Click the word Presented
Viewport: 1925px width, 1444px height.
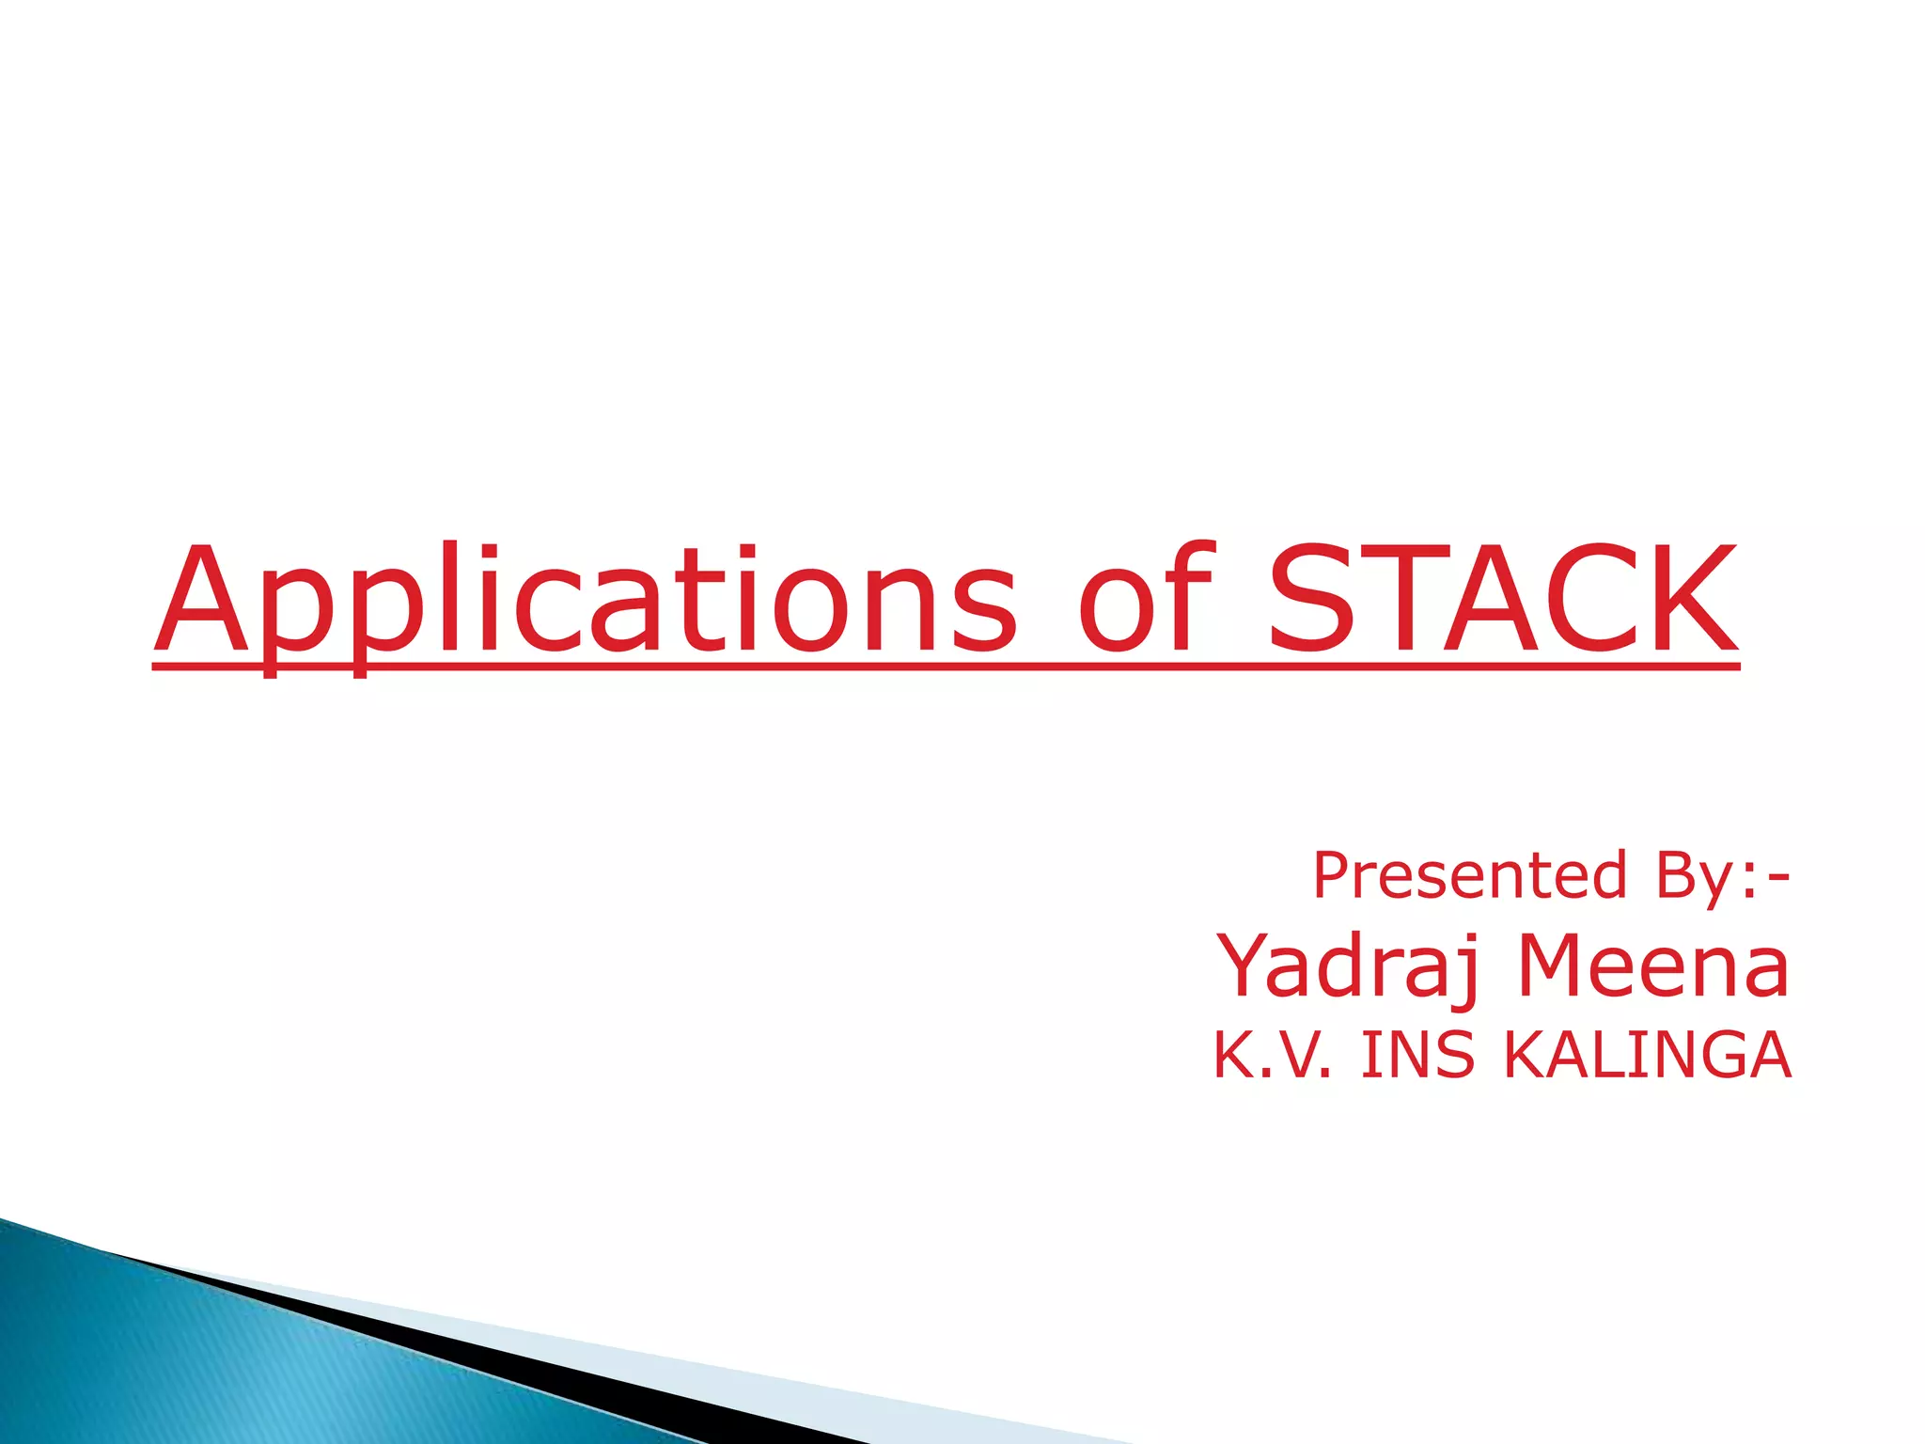pyautogui.click(x=1469, y=875)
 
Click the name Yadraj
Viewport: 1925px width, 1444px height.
pyautogui.click(x=1350, y=967)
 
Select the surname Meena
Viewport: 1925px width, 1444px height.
pyautogui.click(x=1653, y=966)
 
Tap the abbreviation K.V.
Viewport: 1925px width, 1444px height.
pyautogui.click(x=1272, y=1055)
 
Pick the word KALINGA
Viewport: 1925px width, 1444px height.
pyautogui.click(x=1647, y=1055)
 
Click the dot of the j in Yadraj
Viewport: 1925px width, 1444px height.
pyautogui.click(x=1470, y=937)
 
